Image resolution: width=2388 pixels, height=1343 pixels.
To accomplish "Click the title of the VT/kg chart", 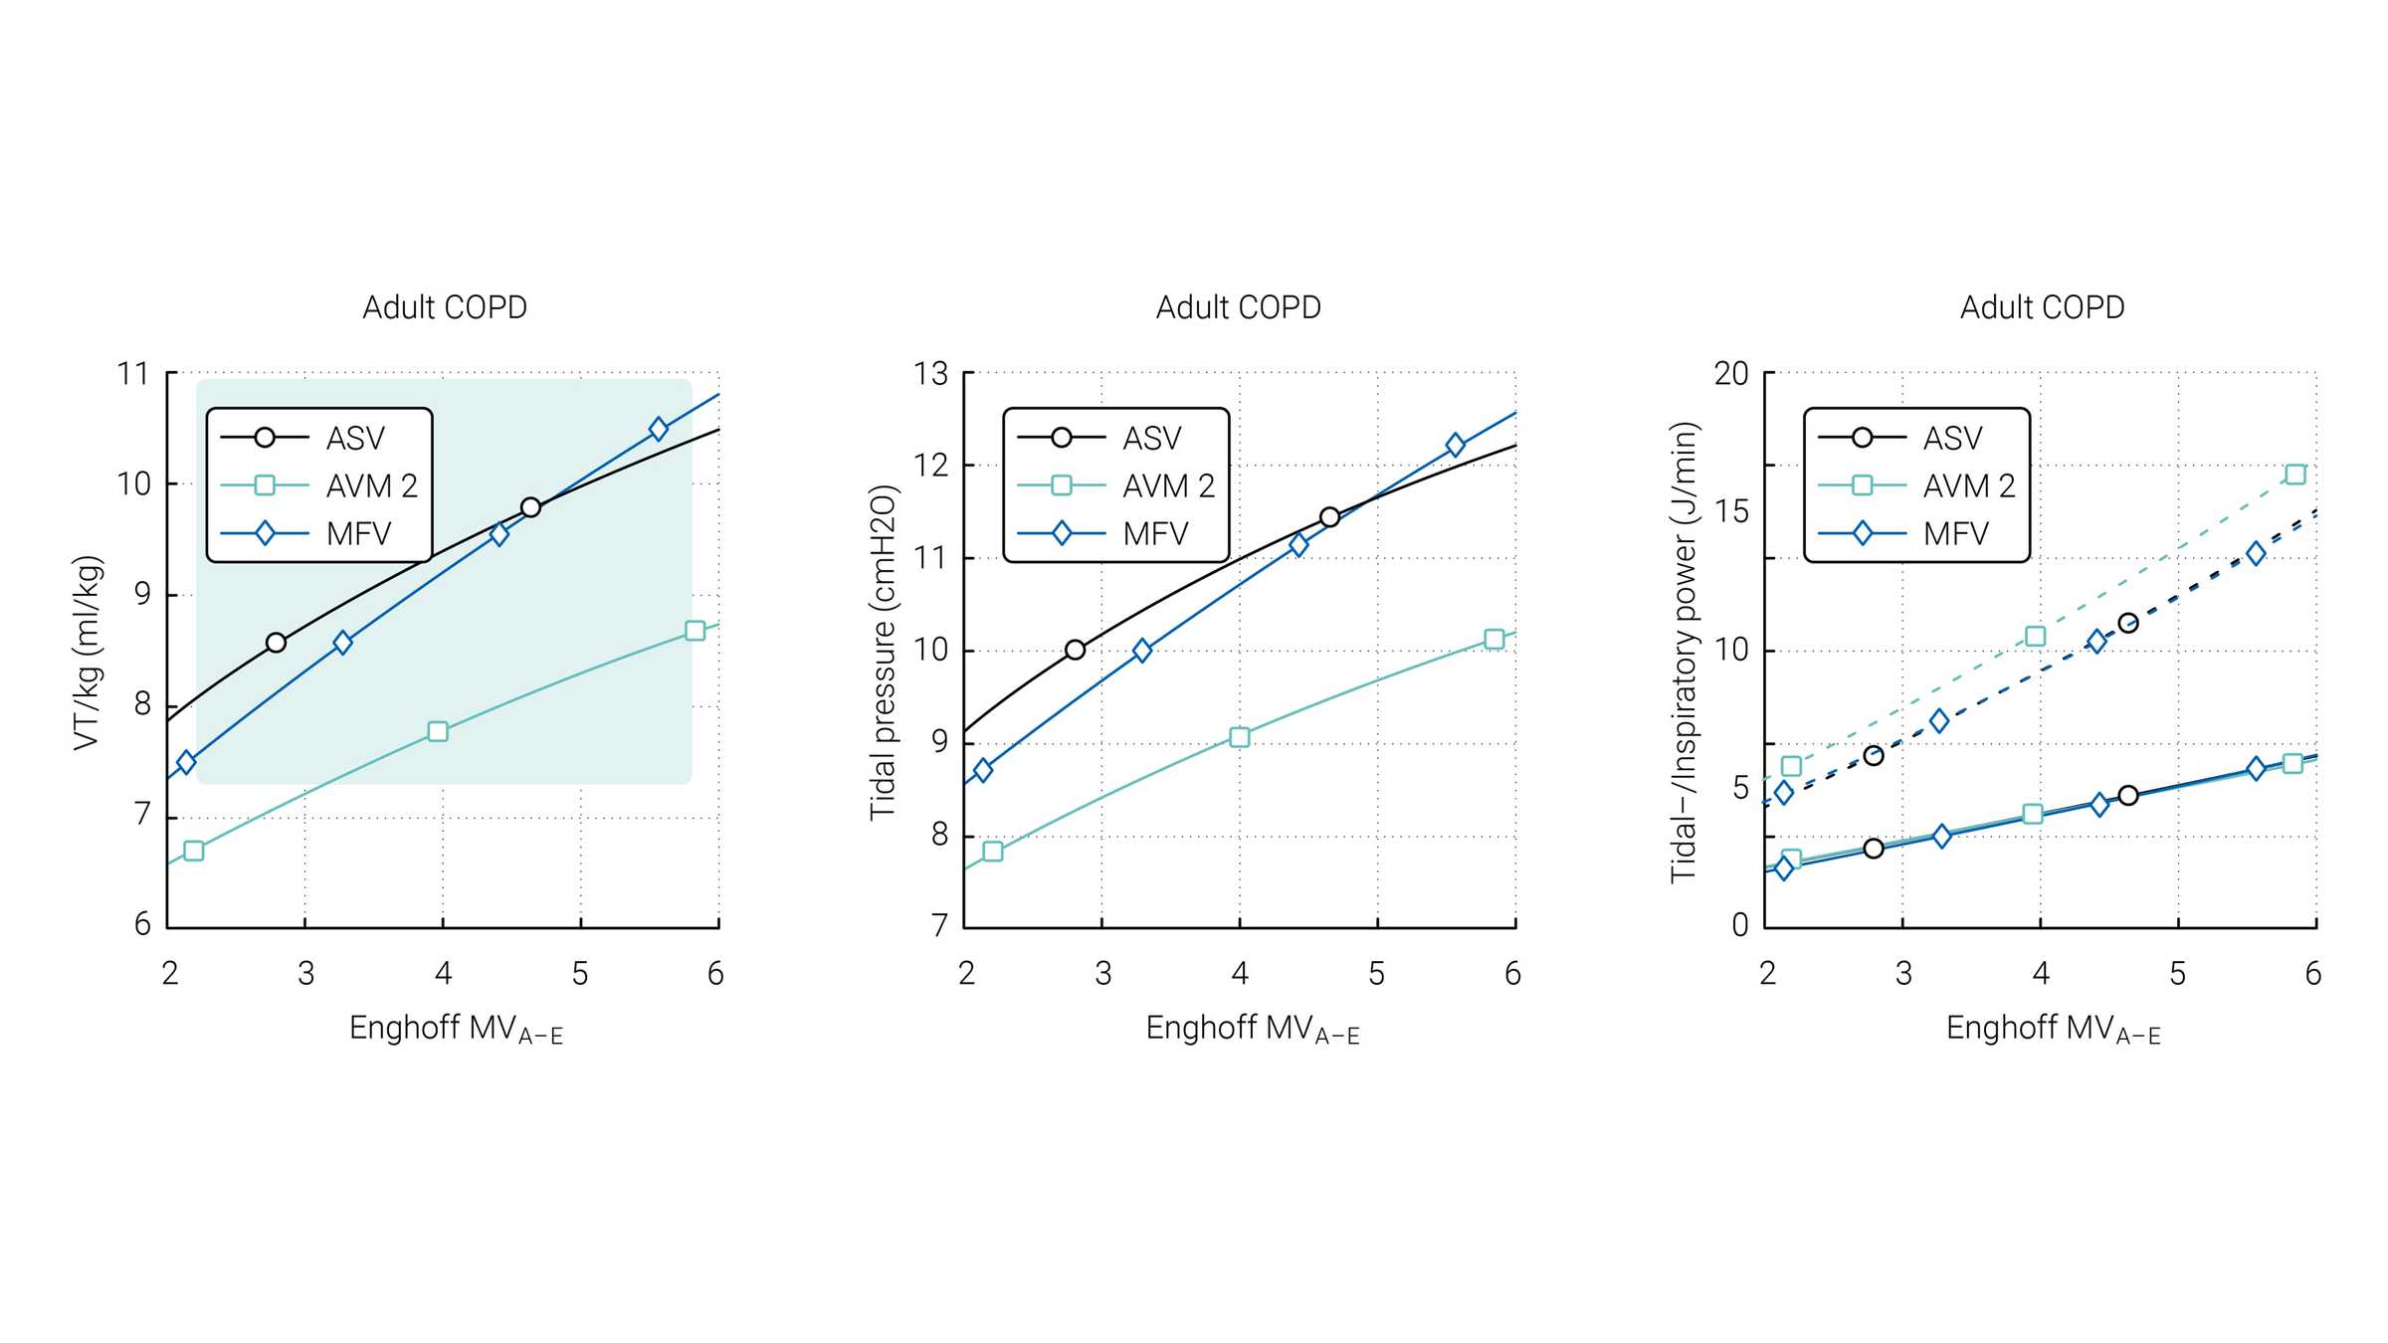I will pos(445,307).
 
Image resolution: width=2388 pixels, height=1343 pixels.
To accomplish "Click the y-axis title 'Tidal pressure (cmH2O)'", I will pos(884,653).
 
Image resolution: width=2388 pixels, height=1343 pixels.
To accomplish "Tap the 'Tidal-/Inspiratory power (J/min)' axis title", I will pos(1684,653).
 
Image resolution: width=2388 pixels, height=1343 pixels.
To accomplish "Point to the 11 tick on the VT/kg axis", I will pos(133,374).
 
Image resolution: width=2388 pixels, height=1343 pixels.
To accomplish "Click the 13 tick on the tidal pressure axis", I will pos(931,374).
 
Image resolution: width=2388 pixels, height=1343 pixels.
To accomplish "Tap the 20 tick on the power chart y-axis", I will pos(1731,374).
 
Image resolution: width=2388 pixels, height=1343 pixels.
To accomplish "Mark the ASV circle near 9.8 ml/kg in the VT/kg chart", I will pos(530,507).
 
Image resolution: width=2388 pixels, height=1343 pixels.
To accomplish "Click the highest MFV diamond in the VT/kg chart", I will pos(658,429).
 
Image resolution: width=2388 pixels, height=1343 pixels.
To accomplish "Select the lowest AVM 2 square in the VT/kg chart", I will pos(194,851).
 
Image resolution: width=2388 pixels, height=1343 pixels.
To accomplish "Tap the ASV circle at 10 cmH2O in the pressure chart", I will pos(1075,650).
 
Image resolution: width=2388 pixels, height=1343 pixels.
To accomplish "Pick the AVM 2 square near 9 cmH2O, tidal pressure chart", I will pos(1240,737).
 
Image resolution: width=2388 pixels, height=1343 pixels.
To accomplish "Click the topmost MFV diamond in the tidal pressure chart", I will pos(1456,445).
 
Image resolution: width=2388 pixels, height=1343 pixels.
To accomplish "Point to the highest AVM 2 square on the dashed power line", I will pos(2295,475).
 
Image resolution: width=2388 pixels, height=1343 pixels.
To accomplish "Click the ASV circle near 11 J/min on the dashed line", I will pos(2128,623).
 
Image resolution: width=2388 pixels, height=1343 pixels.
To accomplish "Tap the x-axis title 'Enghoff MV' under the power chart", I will pos(2052,1029).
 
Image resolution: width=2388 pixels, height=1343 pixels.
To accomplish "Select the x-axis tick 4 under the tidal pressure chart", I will pos(1240,974).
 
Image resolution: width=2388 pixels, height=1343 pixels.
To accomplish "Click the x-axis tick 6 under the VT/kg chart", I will pos(715,974).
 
